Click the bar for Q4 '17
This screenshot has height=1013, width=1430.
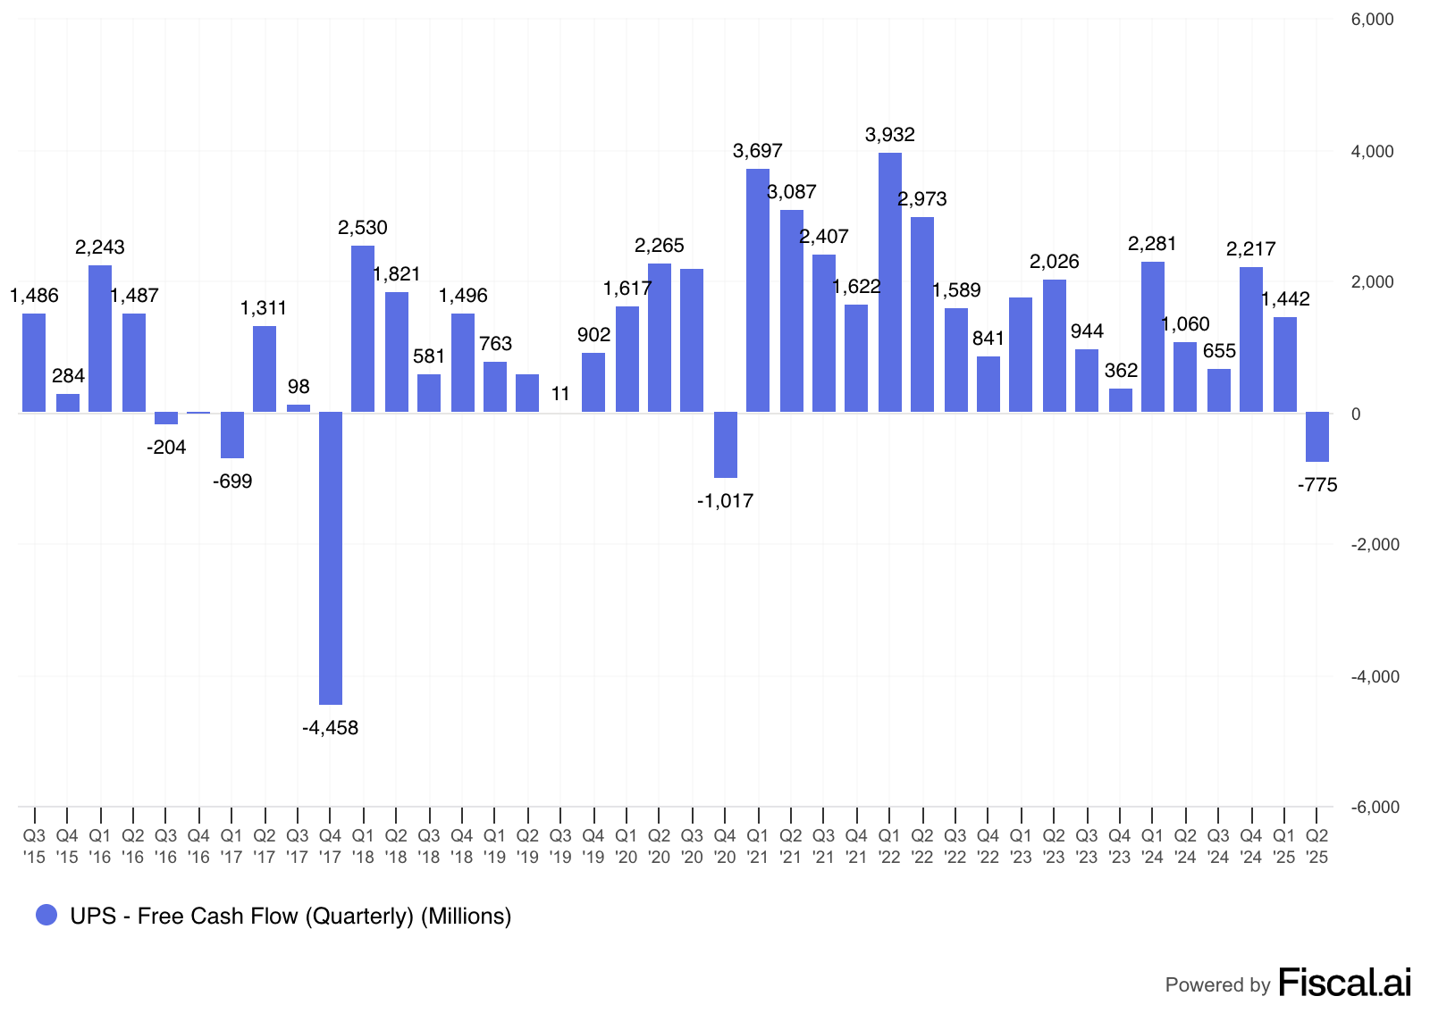(x=331, y=557)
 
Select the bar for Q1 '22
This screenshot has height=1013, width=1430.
(x=890, y=282)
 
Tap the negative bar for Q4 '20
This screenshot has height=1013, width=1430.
(x=726, y=445)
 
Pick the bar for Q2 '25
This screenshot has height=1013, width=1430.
(x=1317, y=437)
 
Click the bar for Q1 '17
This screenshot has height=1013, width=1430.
(x=232, y=435)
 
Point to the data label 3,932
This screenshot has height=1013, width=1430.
(x=890, y=135)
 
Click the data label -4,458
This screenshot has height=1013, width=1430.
(x=331, y=728)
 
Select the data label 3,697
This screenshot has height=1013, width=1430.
(x=758, y=151)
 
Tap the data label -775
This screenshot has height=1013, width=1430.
(x=1317, y=485)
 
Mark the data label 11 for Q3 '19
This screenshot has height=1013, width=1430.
(x=560, y=394)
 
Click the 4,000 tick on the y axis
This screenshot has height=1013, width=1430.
(x=1373, y=152)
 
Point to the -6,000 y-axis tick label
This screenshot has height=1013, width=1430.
(x=1374, y=808)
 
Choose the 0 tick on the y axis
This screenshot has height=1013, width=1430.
(x=1357, y=414)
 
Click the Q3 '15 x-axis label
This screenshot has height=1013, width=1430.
(x=34, y=846)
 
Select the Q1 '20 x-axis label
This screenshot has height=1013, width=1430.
(x=627, y=846)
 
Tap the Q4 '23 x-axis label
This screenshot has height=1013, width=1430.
(x=1120, y=846)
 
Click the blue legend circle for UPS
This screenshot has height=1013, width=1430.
(x=46, y=915)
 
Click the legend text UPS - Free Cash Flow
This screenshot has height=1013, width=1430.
(x=290, y=917)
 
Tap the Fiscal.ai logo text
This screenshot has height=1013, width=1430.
(x=1345, y=983)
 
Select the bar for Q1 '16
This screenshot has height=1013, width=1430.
(x=100, y=339)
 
